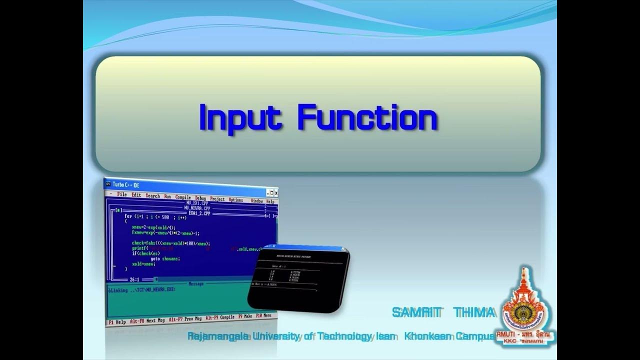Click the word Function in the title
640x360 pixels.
pyautogui.click(x=367, y=117)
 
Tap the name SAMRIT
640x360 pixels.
pyautogui.click(x=417, y=312)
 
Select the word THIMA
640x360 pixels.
pyautogui.click(x=474, y=312)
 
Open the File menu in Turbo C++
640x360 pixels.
pyautogui.click(x=122, y=194)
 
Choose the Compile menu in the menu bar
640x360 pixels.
pyautogui.click(x=183, y=197)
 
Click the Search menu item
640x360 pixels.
pyautogui.click(x=152, y=196)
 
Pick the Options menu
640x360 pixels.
pyautogui.click(x=235, y=199)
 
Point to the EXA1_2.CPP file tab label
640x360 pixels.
pyautogui.click(x=199, y=213)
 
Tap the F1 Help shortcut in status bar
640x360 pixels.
pyautogui.click(x=117, y=321)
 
